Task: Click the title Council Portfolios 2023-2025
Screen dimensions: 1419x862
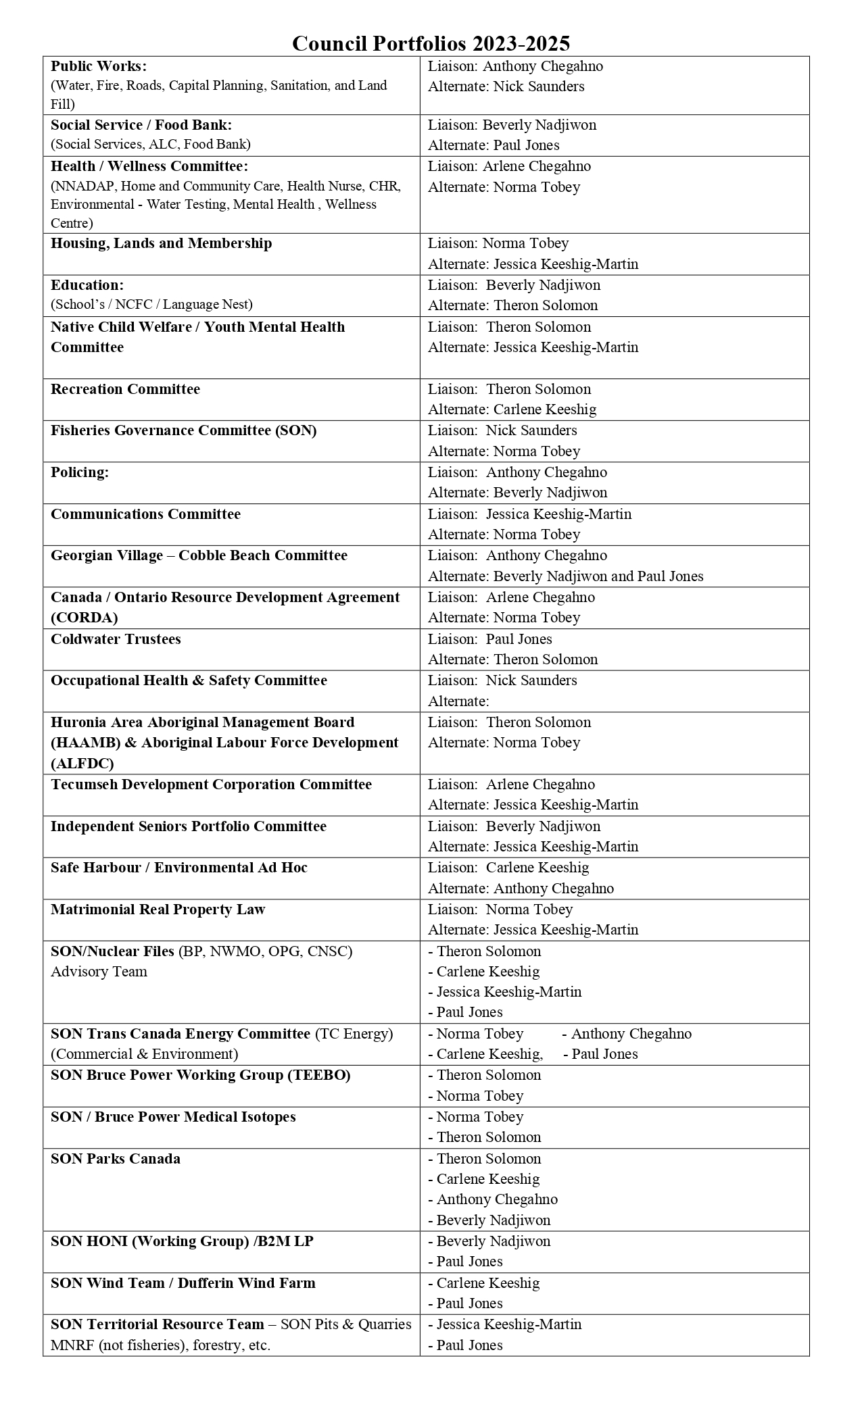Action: (x=431, y=43)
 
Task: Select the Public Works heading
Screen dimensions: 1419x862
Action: (x=99, y=66)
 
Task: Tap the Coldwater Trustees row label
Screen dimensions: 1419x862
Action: (x=116, y=639)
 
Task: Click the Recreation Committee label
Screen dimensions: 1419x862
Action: (x=125, y=389)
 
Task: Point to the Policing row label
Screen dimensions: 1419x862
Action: (x=80, y=472)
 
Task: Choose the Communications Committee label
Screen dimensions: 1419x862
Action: (x=145, y=514)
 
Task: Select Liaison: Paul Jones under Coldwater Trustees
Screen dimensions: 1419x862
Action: (x=489, y=639)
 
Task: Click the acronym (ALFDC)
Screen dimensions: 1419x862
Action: (x=82, y=764)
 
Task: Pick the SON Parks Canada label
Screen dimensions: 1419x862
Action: (x=116, y=1159)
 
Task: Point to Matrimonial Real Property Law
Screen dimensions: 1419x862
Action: (x=158, y=910)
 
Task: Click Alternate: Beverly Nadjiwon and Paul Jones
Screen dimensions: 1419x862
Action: (x=565, y=576)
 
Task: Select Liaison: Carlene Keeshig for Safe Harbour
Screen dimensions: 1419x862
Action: (x=508, y=868)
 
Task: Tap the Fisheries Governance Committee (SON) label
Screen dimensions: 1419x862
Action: (x=183, y=430)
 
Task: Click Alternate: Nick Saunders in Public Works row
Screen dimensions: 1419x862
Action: (x=506, y=86)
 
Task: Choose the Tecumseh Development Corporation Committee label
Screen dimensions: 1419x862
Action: (x=211, y=785)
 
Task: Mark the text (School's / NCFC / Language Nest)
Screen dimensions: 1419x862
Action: (x=151, y=305)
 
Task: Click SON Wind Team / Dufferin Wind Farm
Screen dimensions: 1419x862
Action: (x=183, y=1283)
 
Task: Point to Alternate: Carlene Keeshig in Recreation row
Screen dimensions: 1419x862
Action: (x=512, y=409)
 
